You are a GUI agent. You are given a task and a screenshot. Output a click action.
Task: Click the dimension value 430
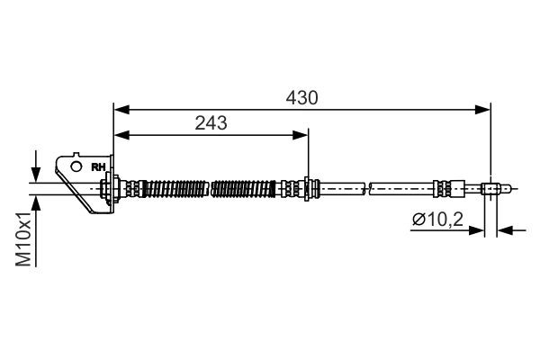301,96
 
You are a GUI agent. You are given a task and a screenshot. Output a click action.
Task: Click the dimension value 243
211,122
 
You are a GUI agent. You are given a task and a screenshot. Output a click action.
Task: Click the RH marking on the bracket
98,166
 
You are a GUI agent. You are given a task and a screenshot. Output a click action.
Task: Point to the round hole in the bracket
76,166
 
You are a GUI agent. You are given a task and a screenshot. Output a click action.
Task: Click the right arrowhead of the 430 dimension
485,109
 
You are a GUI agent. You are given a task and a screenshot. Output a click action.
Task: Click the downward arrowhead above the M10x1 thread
35,175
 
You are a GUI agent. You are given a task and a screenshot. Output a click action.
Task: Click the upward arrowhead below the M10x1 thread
35,200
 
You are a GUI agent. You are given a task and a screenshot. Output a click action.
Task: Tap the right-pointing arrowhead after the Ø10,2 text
479,230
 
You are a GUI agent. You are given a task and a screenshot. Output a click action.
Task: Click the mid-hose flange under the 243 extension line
309,189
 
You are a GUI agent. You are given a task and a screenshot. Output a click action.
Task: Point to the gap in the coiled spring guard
209,189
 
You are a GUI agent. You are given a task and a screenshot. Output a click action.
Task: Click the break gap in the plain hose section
367,189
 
